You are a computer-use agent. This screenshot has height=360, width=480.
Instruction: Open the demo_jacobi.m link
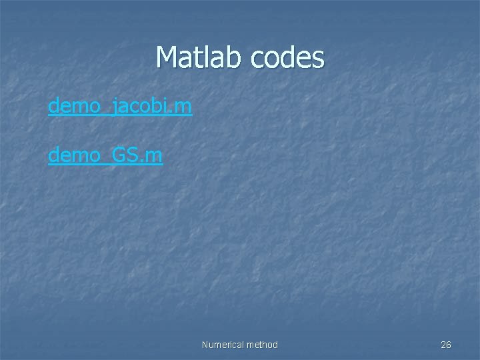[120, 105]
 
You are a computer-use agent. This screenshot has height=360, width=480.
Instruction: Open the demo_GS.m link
[105, 155]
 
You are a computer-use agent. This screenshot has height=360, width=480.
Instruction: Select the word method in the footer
[263, 345]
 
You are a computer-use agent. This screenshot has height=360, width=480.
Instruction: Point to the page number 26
[446, 345]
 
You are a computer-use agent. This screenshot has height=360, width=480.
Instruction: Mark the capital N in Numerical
[205, 345]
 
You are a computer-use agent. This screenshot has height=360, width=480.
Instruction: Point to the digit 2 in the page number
[443, 345]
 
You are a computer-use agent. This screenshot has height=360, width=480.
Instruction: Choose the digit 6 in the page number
[449, 345]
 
